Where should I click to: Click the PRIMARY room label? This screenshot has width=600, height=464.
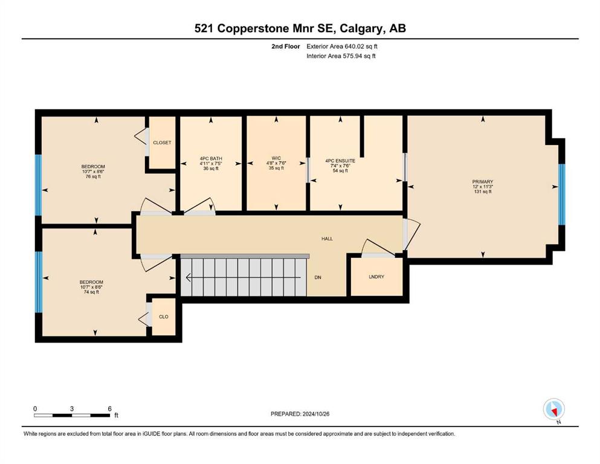coord(483,182)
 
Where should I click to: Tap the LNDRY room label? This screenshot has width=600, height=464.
coord(376,277)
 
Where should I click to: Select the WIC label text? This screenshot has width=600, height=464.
coord(276,158)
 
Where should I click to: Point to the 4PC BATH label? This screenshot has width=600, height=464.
coord(211,158)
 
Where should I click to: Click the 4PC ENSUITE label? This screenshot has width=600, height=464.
coord(340,161)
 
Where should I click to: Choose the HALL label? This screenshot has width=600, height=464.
coord(327,239)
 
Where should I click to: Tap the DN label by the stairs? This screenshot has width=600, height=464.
coord(318,277)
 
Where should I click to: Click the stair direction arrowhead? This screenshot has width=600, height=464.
coord(188,277)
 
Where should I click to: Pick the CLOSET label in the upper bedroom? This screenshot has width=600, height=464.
coord(163,143)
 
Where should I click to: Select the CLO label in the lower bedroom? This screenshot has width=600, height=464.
coord(163,317)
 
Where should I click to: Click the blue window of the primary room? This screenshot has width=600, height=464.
coord(561,195)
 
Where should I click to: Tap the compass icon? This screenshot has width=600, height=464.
coord(554,409)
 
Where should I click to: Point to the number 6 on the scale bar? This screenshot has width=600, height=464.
coord(109,408)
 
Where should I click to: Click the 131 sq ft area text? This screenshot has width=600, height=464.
coord(483,192)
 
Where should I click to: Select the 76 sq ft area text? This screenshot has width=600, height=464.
coord(94,176)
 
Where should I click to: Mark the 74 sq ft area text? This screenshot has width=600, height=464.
coord(91,292)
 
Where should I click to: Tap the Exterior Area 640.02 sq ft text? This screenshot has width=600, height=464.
coord(342,47)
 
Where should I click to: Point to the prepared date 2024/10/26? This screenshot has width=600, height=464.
coord(316,414)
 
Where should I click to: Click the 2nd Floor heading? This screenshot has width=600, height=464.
coord(285,47)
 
